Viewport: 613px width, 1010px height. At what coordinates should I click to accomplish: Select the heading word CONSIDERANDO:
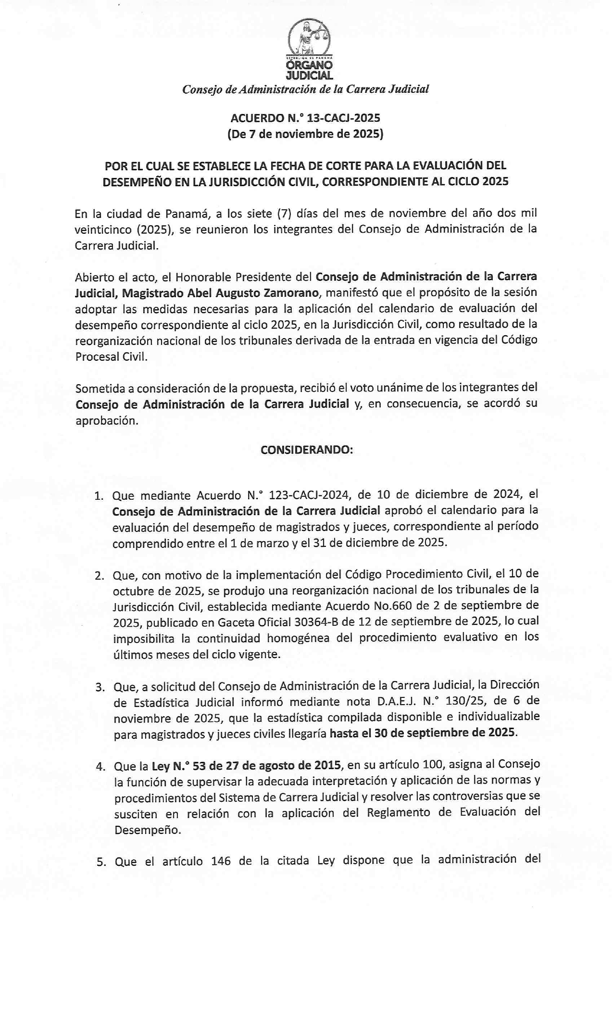click(307, 450)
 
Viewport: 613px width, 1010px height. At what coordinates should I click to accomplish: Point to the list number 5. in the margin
click(100, 862)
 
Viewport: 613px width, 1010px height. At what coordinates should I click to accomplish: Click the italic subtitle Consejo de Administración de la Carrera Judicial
click(305, 89)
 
